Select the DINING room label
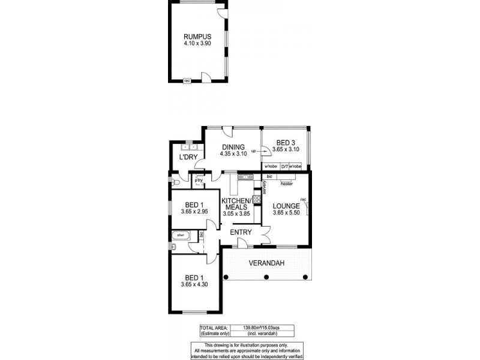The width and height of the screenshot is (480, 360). [233, 147]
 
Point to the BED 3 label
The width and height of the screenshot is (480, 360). [285, 142]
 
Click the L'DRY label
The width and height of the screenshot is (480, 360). [188, 157]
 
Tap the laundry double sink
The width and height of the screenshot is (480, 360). [191, 146]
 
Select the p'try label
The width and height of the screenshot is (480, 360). [198, 179]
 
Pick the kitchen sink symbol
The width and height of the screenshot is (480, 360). [245, 177]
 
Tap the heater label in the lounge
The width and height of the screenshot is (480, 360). [286, 183]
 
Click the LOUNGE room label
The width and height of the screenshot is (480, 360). [286, 206]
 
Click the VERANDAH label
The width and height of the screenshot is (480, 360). [268, 263]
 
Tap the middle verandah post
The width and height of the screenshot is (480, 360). [266, 277]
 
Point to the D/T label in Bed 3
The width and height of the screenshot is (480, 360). [285, 166]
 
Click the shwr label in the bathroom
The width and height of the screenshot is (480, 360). [180, 235]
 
